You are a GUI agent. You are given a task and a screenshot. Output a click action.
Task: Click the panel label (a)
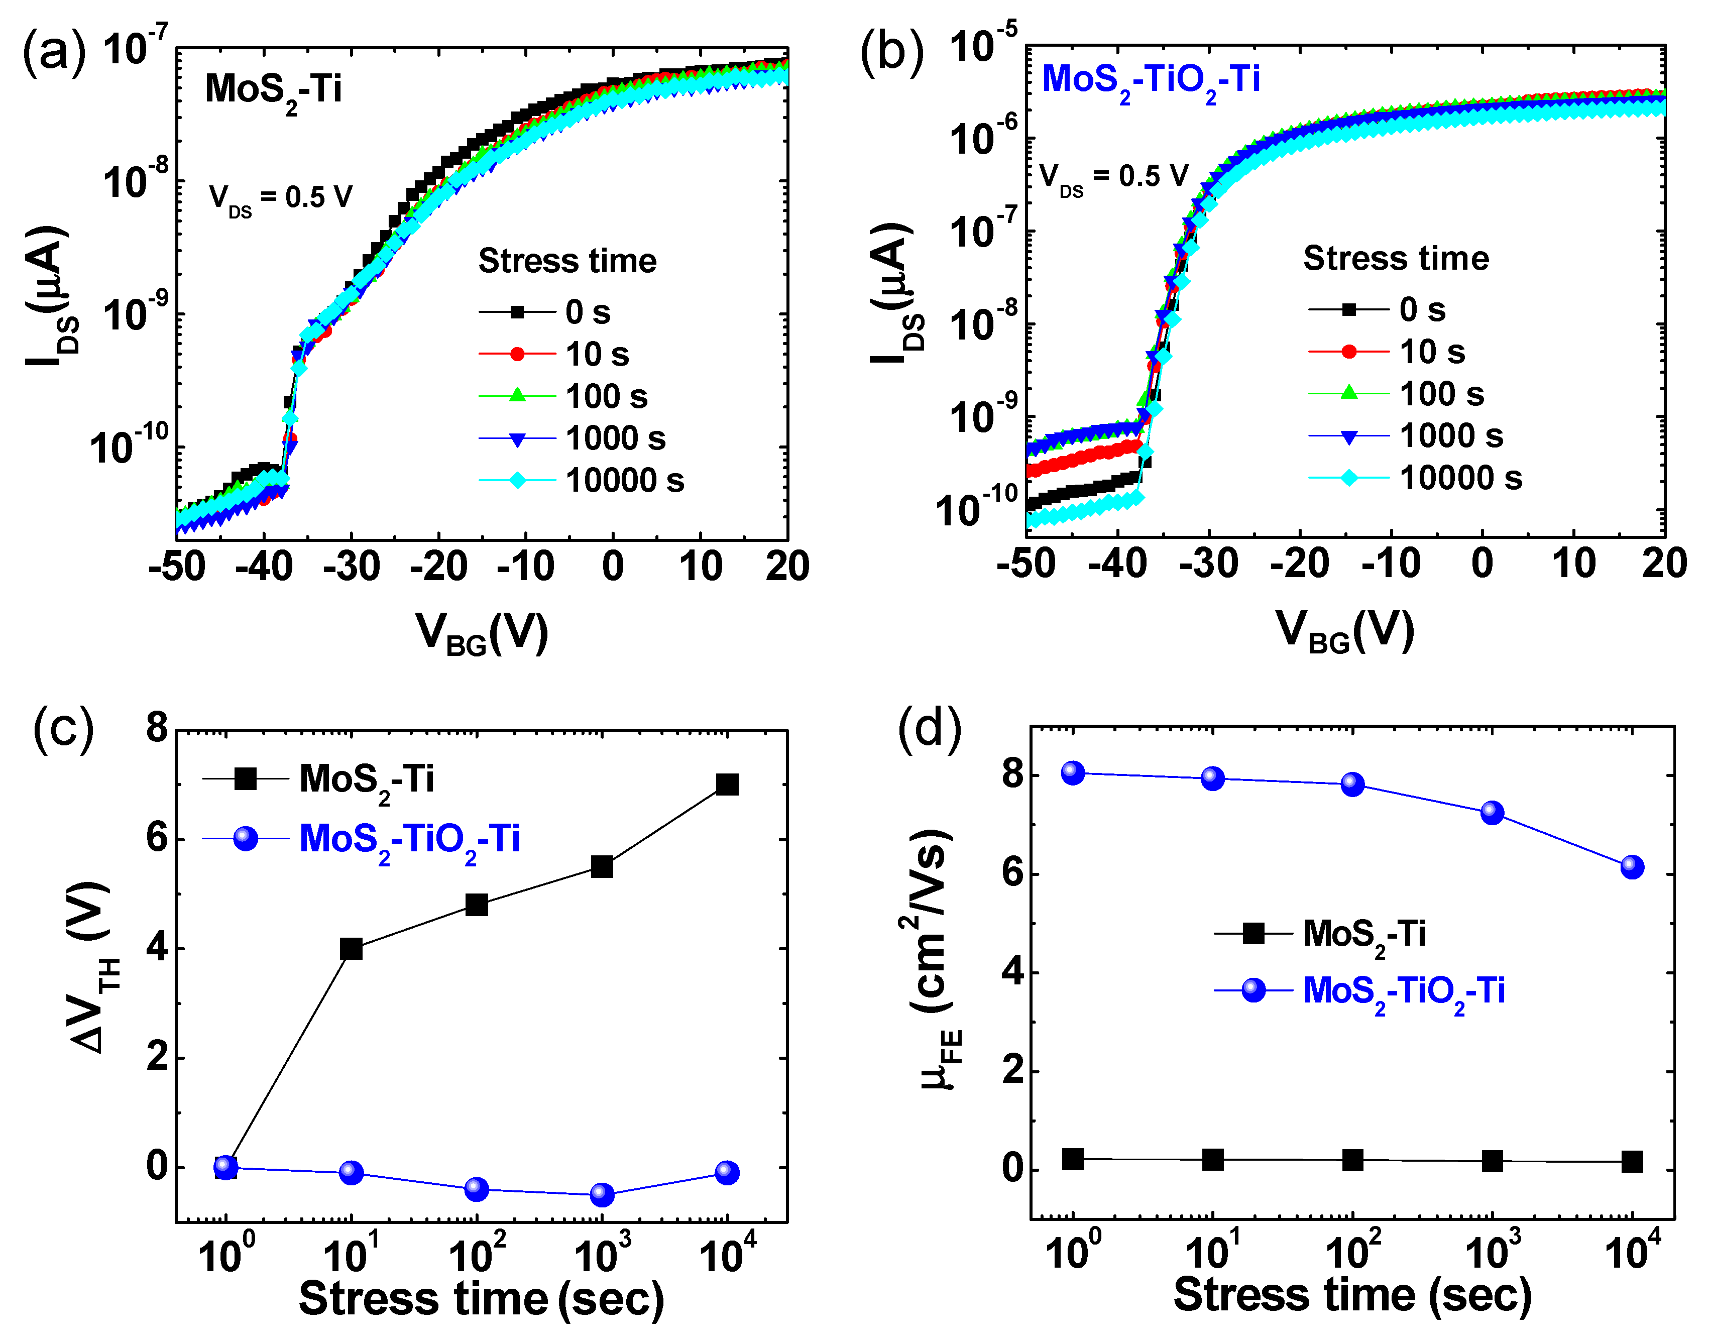coord(53,51)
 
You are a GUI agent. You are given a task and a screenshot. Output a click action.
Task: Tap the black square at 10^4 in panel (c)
coord(727,784)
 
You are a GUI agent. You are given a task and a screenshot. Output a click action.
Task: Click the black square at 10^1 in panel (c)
coord(351,948)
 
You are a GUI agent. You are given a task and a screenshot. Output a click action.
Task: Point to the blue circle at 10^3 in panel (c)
coord(602,1194)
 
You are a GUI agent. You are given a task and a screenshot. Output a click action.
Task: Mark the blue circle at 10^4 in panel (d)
coord(1632,867)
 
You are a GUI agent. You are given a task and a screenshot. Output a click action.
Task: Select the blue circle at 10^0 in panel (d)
coord(1073,772)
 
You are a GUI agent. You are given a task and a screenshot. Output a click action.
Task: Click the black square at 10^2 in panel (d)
coord(1352,1160)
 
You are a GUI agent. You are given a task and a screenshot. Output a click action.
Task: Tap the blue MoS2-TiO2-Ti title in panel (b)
coord(1151,81)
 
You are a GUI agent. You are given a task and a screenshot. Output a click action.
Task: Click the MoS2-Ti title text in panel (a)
coord(273,90)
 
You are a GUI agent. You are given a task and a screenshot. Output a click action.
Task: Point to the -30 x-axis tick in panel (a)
coord(351,566)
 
